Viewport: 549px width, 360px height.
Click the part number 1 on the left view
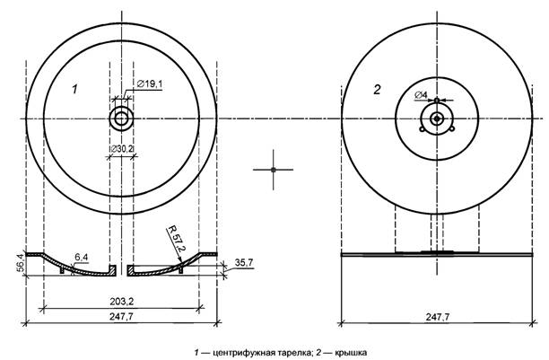[x=76, y=89]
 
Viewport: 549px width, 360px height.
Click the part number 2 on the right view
[x=377, y=89]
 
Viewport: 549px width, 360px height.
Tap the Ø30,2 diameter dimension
[x=122, y=148]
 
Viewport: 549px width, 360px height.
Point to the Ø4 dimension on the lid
[x=421, y=93]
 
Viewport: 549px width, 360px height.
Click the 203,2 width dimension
[x=121, y=299]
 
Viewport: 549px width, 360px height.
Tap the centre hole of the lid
[x=436, y=119]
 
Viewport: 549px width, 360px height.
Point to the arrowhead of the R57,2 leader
[x=182, y=265]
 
